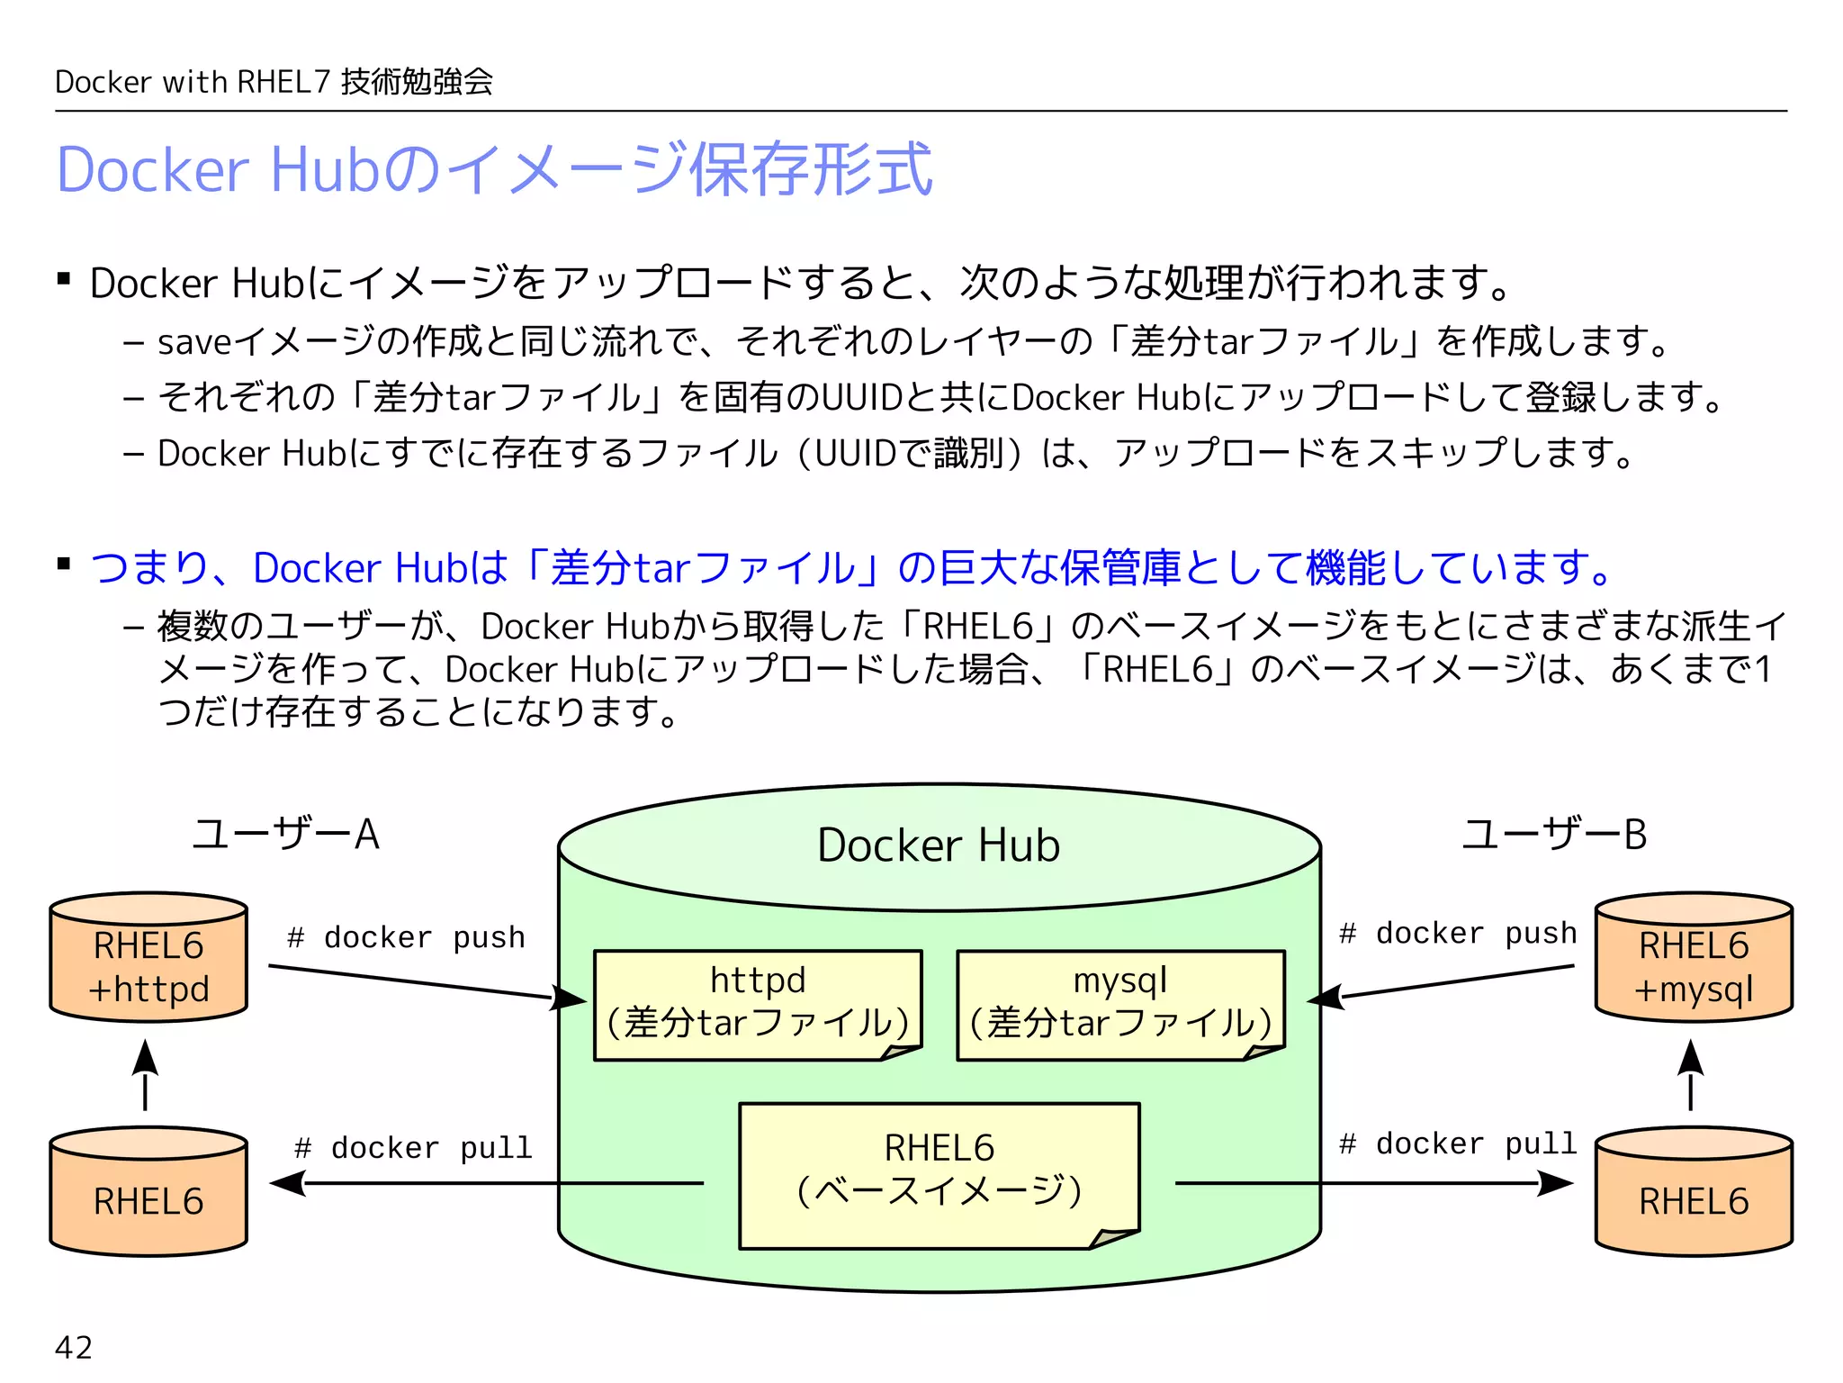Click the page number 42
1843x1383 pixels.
tap(74, 1347)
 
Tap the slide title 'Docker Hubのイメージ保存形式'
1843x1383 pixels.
tap(494, 169)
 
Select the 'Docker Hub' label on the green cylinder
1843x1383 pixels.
tap(939, 845)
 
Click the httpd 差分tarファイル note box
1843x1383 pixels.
tap(758, 1004)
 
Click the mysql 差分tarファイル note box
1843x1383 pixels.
tap(1120, 1004)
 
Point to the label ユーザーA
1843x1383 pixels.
tap(286, 834)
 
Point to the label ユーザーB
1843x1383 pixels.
tap(1554, 834)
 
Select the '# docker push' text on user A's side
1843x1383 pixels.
tap(406, 937)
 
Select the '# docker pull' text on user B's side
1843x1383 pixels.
tap(1458, 1143)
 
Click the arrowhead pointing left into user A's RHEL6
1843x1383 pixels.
tap(286, 1183)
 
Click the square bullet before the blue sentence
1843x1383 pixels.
tap(64, 565)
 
